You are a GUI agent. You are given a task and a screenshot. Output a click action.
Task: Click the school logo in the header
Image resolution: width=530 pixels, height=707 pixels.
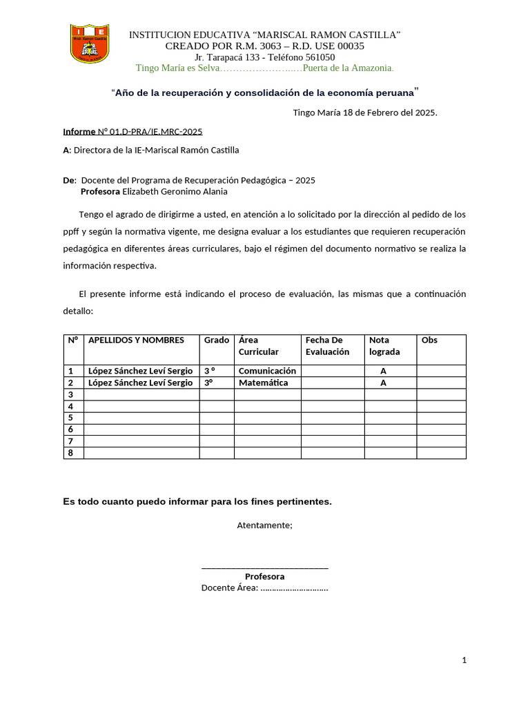[89, 43]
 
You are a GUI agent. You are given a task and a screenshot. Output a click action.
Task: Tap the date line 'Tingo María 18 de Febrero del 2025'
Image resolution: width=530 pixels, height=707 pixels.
[364, 112]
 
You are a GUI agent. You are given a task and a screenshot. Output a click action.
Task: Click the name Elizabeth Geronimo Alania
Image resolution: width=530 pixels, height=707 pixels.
[175, 191]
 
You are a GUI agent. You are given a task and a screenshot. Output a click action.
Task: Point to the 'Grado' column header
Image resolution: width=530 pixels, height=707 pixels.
[217, 340]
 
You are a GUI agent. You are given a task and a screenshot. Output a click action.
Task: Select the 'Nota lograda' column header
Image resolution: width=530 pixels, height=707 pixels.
[384, 346]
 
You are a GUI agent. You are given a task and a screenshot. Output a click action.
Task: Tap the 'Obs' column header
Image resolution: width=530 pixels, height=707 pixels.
[429, 340]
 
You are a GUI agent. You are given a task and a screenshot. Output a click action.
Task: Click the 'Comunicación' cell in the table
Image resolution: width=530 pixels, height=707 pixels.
[267, 371]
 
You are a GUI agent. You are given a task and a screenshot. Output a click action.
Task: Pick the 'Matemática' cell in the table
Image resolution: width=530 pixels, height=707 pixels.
[264, 382]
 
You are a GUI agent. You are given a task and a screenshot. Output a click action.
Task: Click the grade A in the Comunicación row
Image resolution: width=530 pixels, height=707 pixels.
[383, 371]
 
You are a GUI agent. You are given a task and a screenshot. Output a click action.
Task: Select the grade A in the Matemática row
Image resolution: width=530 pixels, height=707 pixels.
[383, 382]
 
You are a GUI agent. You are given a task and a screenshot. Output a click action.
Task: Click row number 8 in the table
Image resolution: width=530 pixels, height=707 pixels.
[70, 453]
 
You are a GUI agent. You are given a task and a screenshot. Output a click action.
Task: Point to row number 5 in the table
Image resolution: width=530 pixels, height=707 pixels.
[70, 418]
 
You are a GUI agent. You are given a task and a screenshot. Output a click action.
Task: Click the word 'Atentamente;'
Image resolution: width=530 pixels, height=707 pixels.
[264, 525]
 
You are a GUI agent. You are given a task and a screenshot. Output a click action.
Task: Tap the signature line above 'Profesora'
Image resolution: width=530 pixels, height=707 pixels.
[264, 568]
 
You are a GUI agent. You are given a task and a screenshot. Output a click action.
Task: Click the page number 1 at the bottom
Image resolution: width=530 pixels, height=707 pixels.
[464, 661]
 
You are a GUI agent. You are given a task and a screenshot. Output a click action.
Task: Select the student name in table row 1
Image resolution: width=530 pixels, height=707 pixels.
[140, 371]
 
